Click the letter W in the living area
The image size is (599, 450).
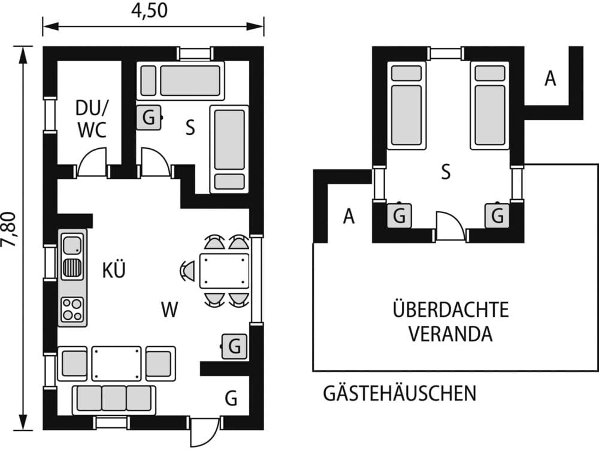click(x=170, y=310)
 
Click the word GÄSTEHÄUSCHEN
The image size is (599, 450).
click(x=400, y=394)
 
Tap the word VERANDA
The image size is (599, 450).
click(x=450, y=334)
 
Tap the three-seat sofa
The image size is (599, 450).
click(x=114, y=398)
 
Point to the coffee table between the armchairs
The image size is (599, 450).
click(x=117, y=363)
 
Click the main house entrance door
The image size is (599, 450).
click(x=205, y=431)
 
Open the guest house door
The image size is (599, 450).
click(x=450, y=225)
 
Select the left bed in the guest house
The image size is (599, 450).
click(x=409, y=106)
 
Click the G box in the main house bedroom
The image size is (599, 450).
click(x=149, y=118)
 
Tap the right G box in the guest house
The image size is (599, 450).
click(x=497, y=215)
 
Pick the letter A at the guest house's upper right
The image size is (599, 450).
click(x=550, y=79)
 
